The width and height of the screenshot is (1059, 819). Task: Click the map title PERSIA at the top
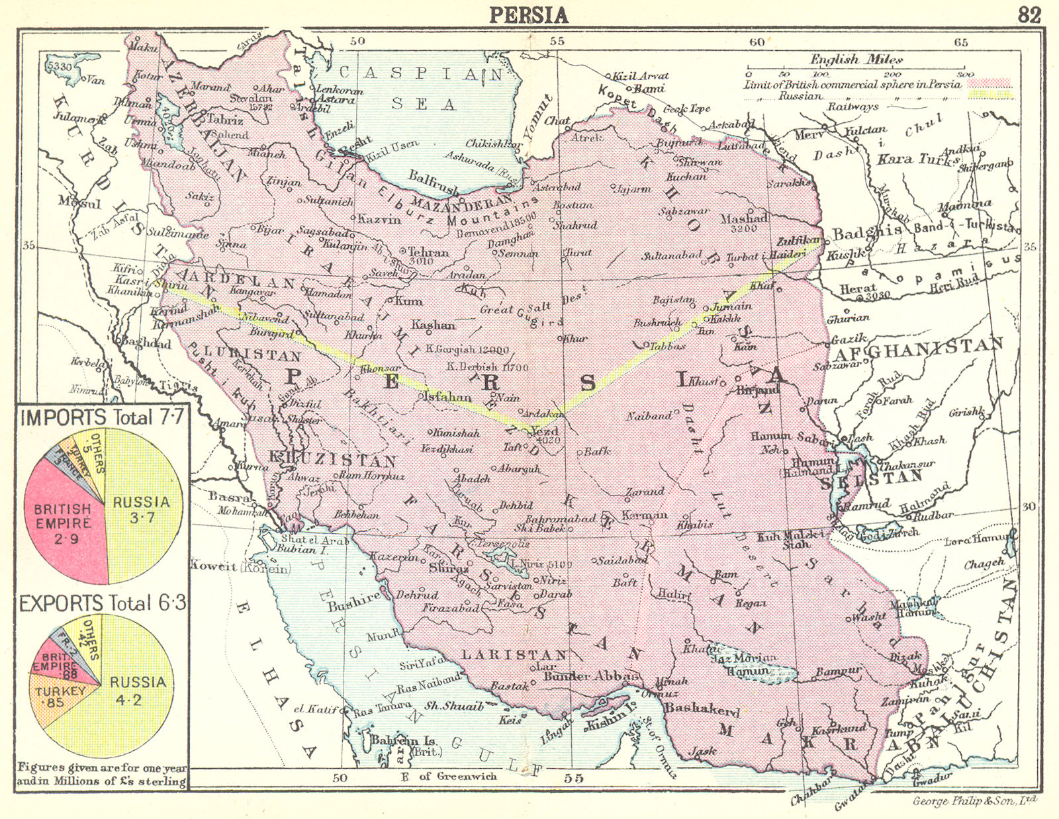coord(529,15)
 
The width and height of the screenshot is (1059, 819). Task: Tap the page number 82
coord(1029,15)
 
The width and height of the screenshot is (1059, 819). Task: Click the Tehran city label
coord(428,252)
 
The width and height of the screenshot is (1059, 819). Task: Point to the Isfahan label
coord(447,397)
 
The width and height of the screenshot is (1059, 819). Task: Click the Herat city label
coord(858,289)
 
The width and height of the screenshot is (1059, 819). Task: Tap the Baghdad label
coord(146,343)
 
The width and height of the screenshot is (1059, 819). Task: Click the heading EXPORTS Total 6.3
coord(103,603)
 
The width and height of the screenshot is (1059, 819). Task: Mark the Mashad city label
coord(744,218)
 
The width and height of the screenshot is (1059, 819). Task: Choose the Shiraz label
coord(448,568)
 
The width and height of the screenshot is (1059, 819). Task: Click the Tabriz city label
coord(225,120)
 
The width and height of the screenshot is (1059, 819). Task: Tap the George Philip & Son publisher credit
coord(974,800)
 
